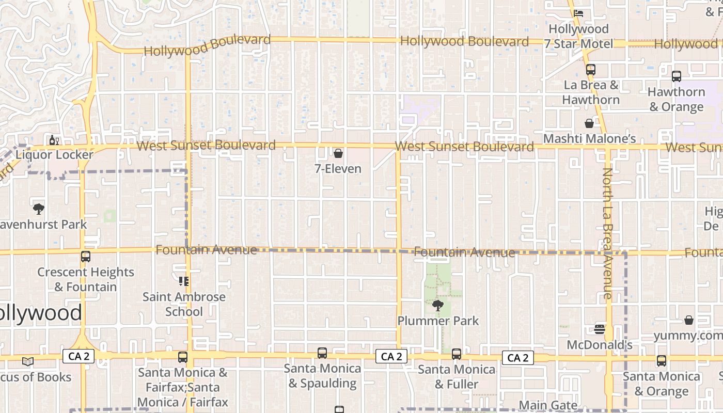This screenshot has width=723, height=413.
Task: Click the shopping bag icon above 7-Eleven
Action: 338,153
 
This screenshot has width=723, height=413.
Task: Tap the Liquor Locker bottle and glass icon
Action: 54,140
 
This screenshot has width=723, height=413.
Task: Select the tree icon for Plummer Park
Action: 438,306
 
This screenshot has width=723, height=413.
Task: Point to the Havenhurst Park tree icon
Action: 38,209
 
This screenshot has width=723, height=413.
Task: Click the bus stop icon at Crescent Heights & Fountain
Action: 86,257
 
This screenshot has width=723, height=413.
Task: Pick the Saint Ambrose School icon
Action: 184,281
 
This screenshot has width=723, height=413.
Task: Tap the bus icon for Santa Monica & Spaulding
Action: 322,353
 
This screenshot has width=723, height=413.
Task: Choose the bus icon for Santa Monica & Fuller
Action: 457,354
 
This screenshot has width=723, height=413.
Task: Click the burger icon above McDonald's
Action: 600,329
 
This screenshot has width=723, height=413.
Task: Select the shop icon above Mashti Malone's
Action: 589,123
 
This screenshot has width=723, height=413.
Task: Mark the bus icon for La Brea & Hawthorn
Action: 591,69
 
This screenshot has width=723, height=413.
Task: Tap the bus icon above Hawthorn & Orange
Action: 677,76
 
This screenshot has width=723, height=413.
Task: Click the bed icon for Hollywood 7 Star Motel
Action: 578,13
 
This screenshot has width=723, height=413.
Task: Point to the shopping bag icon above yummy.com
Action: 689,320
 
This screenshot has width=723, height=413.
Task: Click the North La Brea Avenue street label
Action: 607,233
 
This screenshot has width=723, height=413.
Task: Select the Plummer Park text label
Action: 438,321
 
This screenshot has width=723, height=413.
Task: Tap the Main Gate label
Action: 548,405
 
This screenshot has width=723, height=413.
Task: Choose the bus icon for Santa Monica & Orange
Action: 662,361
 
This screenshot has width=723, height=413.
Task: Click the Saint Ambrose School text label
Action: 184,304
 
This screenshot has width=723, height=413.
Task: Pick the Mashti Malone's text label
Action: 589,138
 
